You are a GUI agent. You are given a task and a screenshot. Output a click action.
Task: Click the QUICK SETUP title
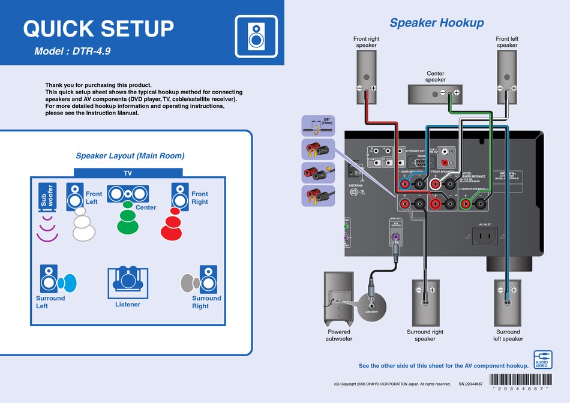tap(98, 28)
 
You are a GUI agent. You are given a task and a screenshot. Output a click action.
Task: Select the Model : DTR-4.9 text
tap(73, 52)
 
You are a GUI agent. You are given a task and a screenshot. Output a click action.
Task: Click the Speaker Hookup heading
tap(436, 23)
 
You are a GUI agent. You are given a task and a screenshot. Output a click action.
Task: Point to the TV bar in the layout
tap(128, 173)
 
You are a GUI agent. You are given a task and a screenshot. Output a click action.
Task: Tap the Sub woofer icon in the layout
tap(47, 197)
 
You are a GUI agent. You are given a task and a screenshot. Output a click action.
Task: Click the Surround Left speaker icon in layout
tap(49, 279)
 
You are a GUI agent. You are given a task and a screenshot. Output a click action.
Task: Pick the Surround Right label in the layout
tap(206, 302)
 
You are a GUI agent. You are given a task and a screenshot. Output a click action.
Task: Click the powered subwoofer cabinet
tap(338, 298)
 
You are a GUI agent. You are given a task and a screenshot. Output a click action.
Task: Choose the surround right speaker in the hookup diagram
tap(425, 302)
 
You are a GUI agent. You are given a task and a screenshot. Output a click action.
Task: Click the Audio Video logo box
tap(542, 359)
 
